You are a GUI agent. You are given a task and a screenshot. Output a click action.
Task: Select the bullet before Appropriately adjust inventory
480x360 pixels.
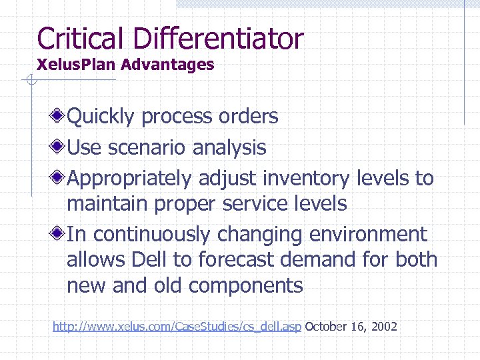(x=59, y=178)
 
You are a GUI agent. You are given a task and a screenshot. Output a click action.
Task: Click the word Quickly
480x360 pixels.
(x=101, y=117)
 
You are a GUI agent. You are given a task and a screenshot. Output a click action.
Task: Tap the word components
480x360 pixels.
(x=246, y=286)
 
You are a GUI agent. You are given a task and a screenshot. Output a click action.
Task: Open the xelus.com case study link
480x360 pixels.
(x=177, y=327)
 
